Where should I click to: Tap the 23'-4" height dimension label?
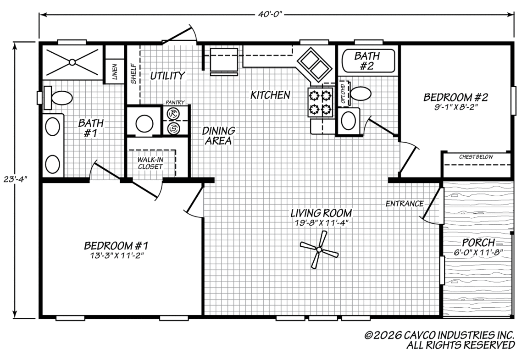point(15,179)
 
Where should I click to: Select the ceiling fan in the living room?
point(319,249)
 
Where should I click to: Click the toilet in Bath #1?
point(58,98)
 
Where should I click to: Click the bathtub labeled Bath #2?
point(368,61)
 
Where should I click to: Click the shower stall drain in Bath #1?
point(72,62)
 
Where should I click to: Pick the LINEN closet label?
point(115,72)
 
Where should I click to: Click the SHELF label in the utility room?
point(133,74)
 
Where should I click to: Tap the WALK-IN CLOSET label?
point(150,163)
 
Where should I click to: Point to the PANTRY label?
point(175,102)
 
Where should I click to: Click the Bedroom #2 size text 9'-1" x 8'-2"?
point(455,106)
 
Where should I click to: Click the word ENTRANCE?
point(405,204)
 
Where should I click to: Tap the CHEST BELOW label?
point(476,157)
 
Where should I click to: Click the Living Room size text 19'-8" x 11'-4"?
point(321,222)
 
